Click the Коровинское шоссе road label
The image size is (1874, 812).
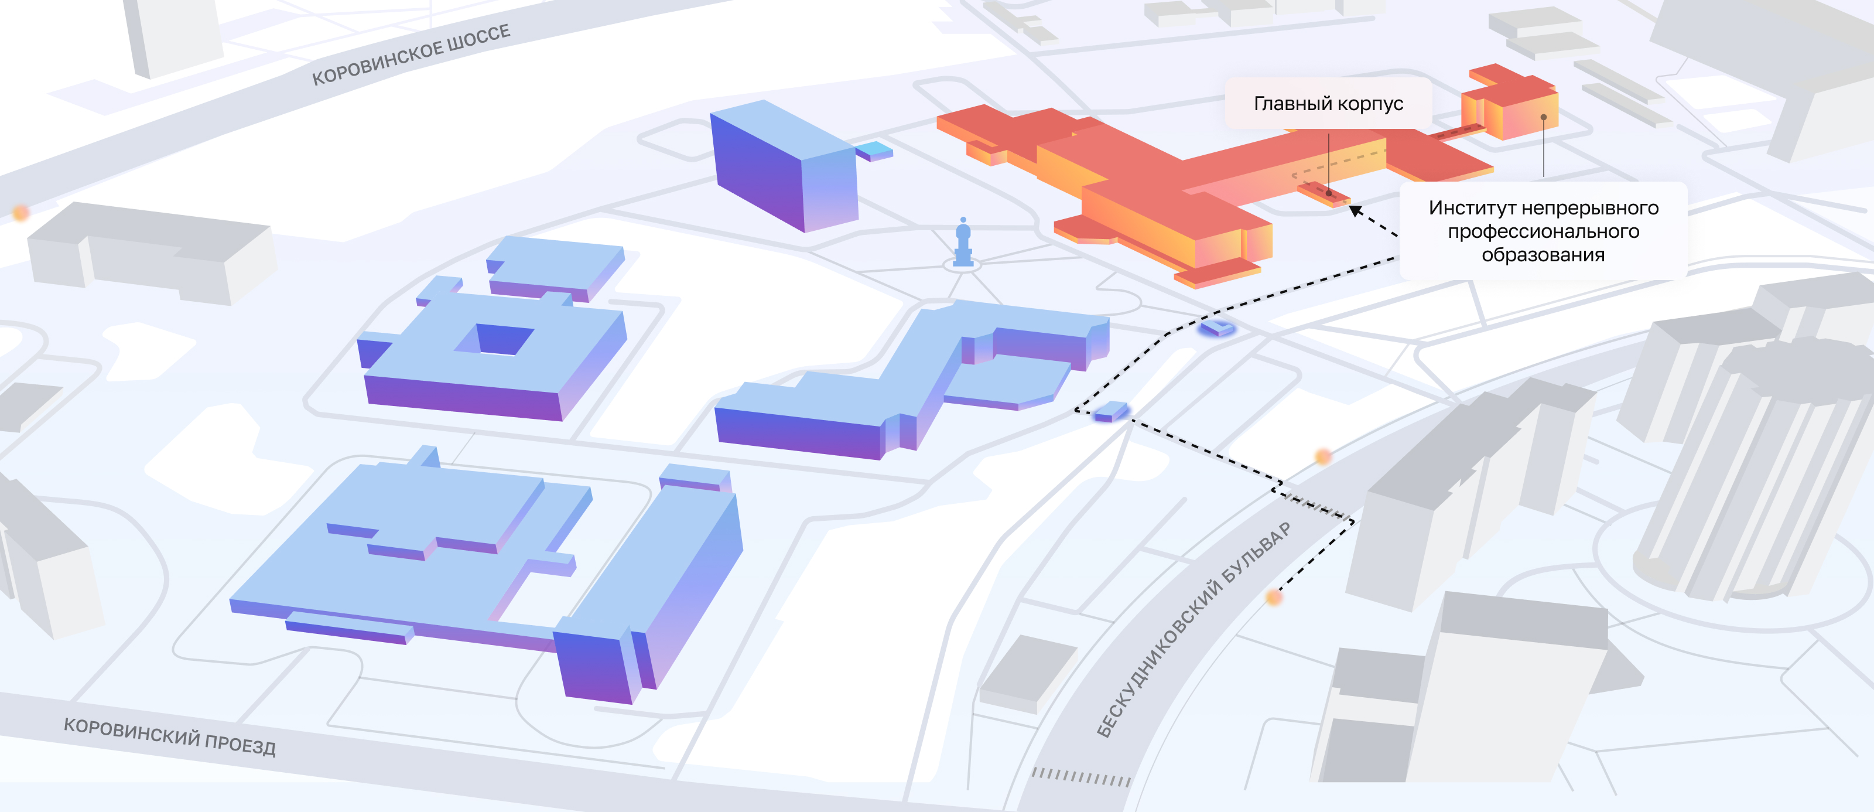coord(411,54)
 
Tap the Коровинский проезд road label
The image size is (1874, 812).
coord(169,737)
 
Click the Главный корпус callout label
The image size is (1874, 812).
coord(1328,103)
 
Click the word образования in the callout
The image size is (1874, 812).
coord(1543,255)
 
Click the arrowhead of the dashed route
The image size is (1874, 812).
coord(1355,211)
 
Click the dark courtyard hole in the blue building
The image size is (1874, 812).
coord(502,339)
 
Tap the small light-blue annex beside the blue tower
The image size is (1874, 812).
coord(874,151)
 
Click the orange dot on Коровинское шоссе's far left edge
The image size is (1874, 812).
coord(21,213)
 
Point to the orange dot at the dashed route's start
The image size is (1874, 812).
coord(1274,598)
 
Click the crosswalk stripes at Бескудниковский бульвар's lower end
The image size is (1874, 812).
coord(1081,777)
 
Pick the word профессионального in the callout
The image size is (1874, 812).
coord(1543,232)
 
